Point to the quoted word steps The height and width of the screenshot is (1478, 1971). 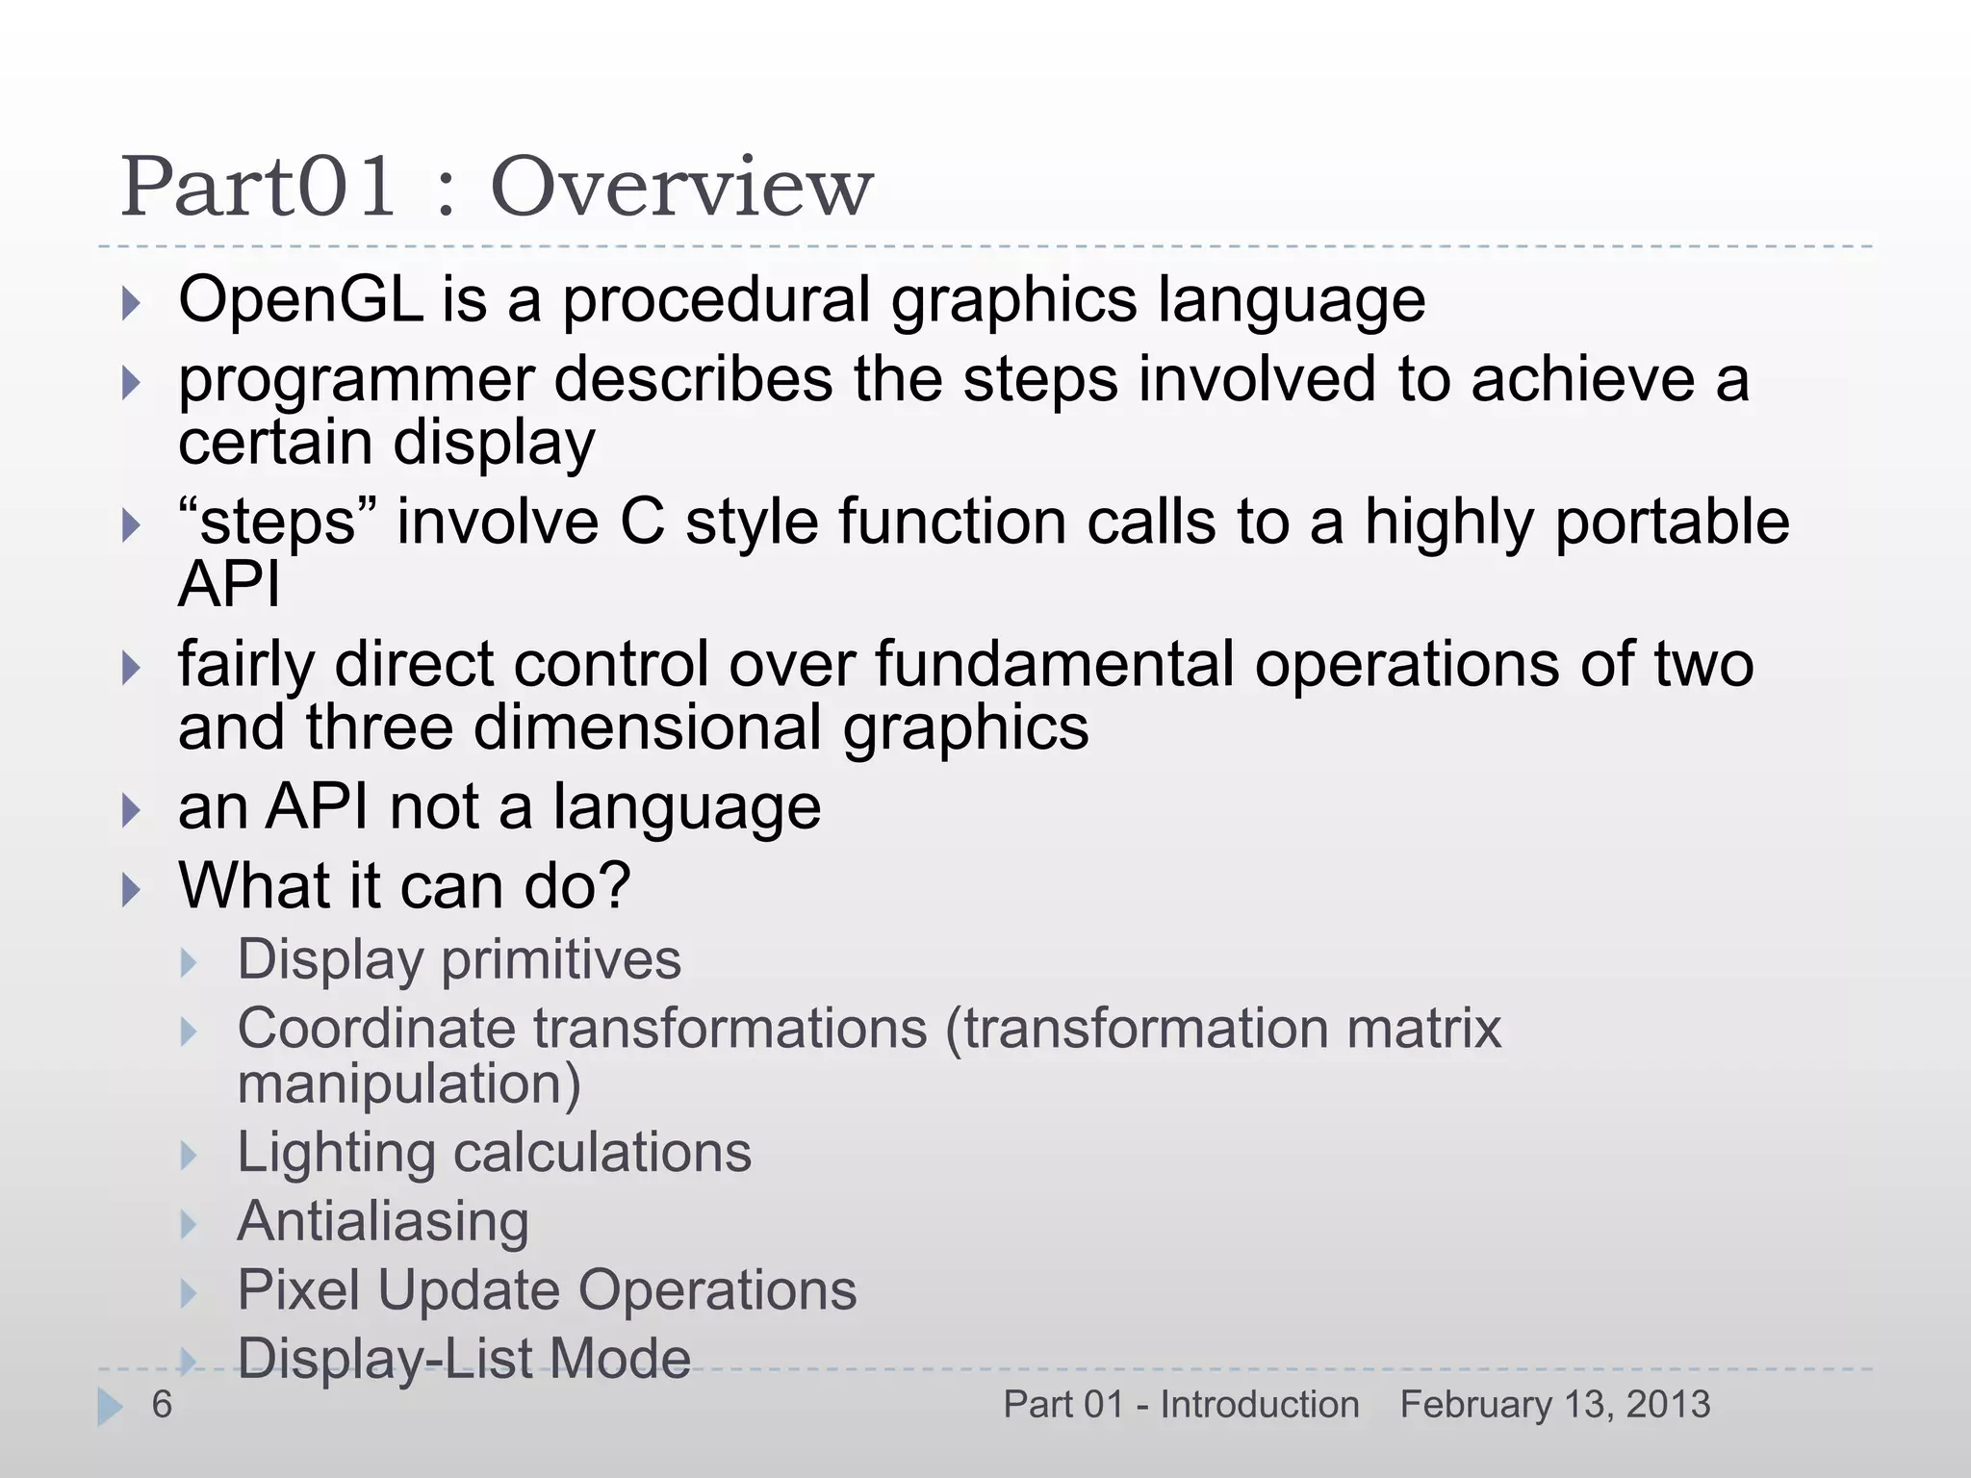tap(277, 522)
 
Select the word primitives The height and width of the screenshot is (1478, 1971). tap(561, 959)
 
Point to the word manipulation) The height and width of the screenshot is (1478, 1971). tap(409, 1083)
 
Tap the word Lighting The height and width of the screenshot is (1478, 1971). tap(336, 1153)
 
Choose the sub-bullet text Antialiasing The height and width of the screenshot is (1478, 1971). tap(383, 1221)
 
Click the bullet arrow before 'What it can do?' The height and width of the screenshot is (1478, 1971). tap(132, 890)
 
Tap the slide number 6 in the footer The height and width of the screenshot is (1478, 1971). tap(162, 1405)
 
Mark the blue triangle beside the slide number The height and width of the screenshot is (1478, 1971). tap(109, 1407)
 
